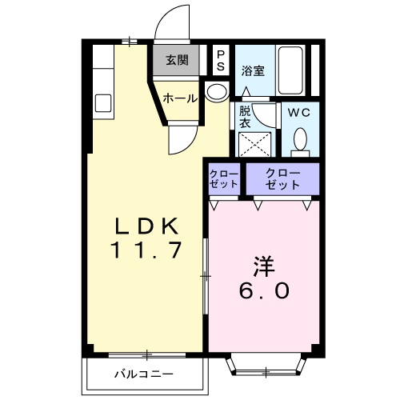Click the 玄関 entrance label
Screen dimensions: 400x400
pyautogui.click(x=177, y=60)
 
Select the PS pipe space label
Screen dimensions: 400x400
pyautogui.click(x=221, y=60)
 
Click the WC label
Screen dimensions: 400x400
pyautogui.click(x=299, y=113)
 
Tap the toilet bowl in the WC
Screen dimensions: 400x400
pyautogui.click(x=300, y=141)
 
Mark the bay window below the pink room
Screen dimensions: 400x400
pyautogui.click(x=265, y=367)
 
